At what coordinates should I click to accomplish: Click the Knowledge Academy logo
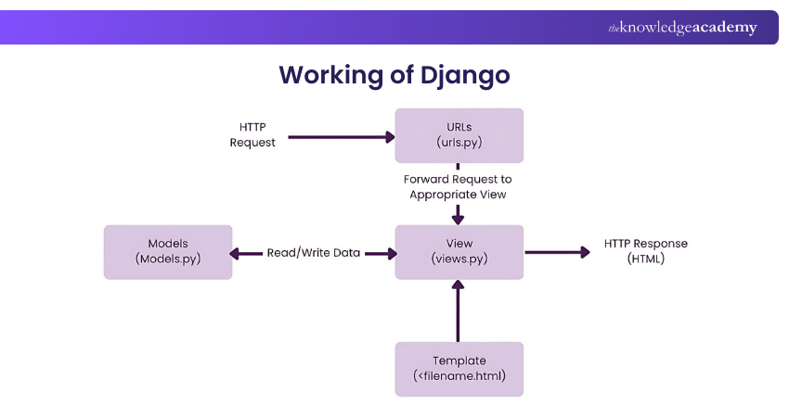coord(682,28)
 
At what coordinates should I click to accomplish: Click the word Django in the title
coord(465,75)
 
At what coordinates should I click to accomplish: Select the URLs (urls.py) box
coord(459,135)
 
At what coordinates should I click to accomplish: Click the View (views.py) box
coord(459,252)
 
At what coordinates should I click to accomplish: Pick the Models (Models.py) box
coord(168,252)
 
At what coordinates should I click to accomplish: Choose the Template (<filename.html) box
coord(459,369)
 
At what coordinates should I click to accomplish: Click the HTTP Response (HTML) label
coord(646,251)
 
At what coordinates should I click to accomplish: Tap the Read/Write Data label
coord(314,252)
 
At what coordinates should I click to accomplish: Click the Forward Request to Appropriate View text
coord(458,187)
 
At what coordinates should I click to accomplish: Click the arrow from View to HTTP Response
coord(557,252)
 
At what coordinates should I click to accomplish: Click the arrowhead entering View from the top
coord(458,218)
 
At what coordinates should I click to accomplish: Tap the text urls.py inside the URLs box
coord(459,144)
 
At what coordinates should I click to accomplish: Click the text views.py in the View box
coord(459,260)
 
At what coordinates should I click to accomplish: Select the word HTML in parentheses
coord(646,259)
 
